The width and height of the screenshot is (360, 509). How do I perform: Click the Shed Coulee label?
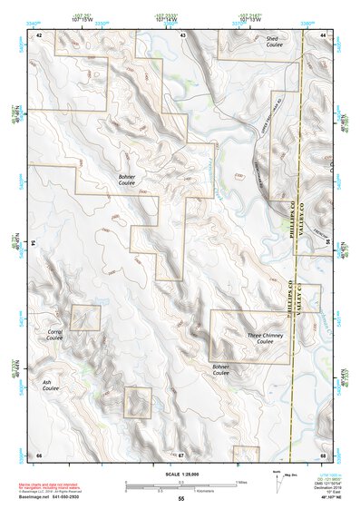coord(271,44)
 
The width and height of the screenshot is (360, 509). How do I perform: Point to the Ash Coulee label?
coord(51,387)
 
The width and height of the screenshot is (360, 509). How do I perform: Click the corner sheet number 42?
coord(39,34)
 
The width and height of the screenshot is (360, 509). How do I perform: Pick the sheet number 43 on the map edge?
coord(182,34)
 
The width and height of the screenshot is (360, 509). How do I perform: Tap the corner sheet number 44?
coord(323,34)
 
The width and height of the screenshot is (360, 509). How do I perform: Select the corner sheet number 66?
coord(39,454)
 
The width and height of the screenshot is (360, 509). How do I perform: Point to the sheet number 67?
coord(181,454)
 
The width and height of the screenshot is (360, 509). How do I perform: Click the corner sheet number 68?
coord(323,454)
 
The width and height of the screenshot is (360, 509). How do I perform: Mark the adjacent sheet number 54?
coord(34,244)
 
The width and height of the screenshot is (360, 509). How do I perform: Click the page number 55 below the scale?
coord(181,499)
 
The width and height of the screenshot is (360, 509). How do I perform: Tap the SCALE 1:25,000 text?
coord(180,473)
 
